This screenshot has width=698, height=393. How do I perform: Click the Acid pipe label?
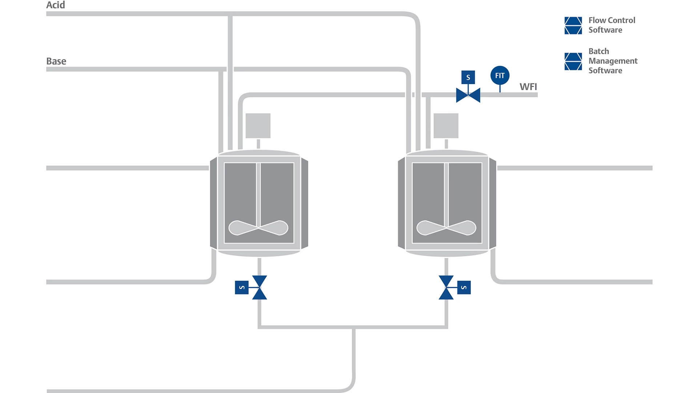click(56, 5)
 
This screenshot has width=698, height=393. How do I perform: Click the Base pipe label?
click(56, 61)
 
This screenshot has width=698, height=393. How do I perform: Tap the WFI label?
click(528, 87)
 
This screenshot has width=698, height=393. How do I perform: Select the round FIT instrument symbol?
click(500, 75)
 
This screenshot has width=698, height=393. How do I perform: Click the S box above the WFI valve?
click(468, 77)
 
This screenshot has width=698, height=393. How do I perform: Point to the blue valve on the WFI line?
click(468, 95)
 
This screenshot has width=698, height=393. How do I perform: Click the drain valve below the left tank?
click(259, 287)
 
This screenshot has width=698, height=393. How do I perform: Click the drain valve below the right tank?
click(446, 287)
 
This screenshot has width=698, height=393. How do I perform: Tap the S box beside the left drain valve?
click(242, 287)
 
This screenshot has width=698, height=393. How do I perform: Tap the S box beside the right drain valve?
click(464, 287)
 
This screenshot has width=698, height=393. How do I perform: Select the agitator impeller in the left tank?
click(258, 228)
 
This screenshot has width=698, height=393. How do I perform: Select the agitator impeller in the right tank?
click(446, 228)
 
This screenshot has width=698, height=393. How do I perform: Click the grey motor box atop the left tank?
click(258, 126)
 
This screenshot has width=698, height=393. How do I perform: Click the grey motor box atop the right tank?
click(446, 126)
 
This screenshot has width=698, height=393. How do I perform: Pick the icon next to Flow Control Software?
click(573, 25)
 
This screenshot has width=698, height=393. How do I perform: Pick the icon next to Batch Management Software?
click(573, 61)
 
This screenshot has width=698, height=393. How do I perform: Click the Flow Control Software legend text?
click(611, 25)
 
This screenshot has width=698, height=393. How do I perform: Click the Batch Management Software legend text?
click(613, 61)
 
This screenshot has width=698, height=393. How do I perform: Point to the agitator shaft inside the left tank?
click(258, 193)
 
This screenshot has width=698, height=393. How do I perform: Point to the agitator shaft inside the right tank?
click(446, 193)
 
